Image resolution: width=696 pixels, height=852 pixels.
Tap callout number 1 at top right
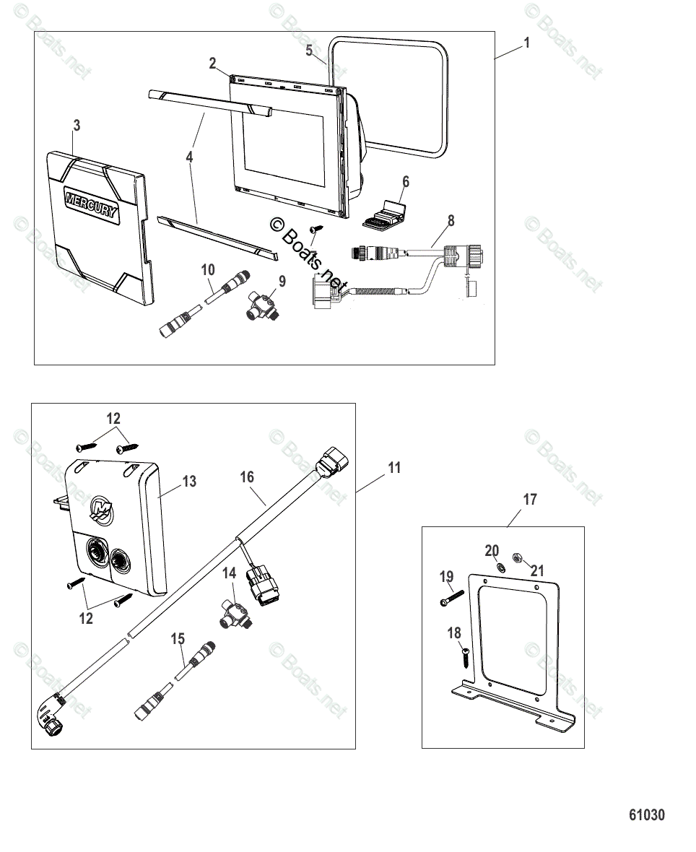coord(526,43)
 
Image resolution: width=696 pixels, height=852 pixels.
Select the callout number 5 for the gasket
coord(309,51)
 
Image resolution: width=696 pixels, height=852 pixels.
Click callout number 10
coord(208,270)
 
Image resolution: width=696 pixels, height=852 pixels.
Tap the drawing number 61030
coord(646,814)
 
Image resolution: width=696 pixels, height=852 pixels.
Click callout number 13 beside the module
coord(189,481)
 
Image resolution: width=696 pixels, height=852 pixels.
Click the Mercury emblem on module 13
coord(102,509)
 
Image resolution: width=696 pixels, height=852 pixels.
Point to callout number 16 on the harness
coord(247,477)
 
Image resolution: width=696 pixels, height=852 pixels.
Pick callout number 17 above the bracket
coord(530,499)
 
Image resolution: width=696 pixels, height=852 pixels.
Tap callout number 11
coord(393,468)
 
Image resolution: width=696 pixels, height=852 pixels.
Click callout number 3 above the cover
coord(76,126)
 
